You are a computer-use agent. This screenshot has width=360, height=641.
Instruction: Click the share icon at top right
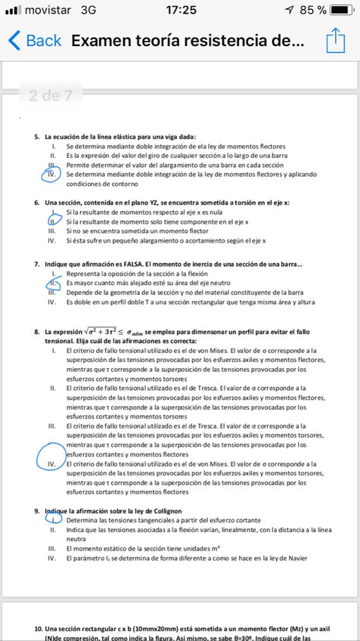[x=334, y=40]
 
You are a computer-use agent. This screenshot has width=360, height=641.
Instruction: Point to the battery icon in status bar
[x=340, y=10]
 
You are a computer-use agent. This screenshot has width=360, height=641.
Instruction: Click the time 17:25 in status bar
[x=180, y=10]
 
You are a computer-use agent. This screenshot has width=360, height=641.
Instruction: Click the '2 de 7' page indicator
[x=51, y=95]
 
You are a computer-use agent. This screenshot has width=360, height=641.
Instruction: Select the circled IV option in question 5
[x=52, y=175]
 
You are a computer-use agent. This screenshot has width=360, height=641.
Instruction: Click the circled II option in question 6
[x=53, y=221]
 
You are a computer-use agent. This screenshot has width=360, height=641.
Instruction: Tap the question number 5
[x=36, y=135]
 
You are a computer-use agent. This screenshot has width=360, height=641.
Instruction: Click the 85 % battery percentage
[x=312, y=10]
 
